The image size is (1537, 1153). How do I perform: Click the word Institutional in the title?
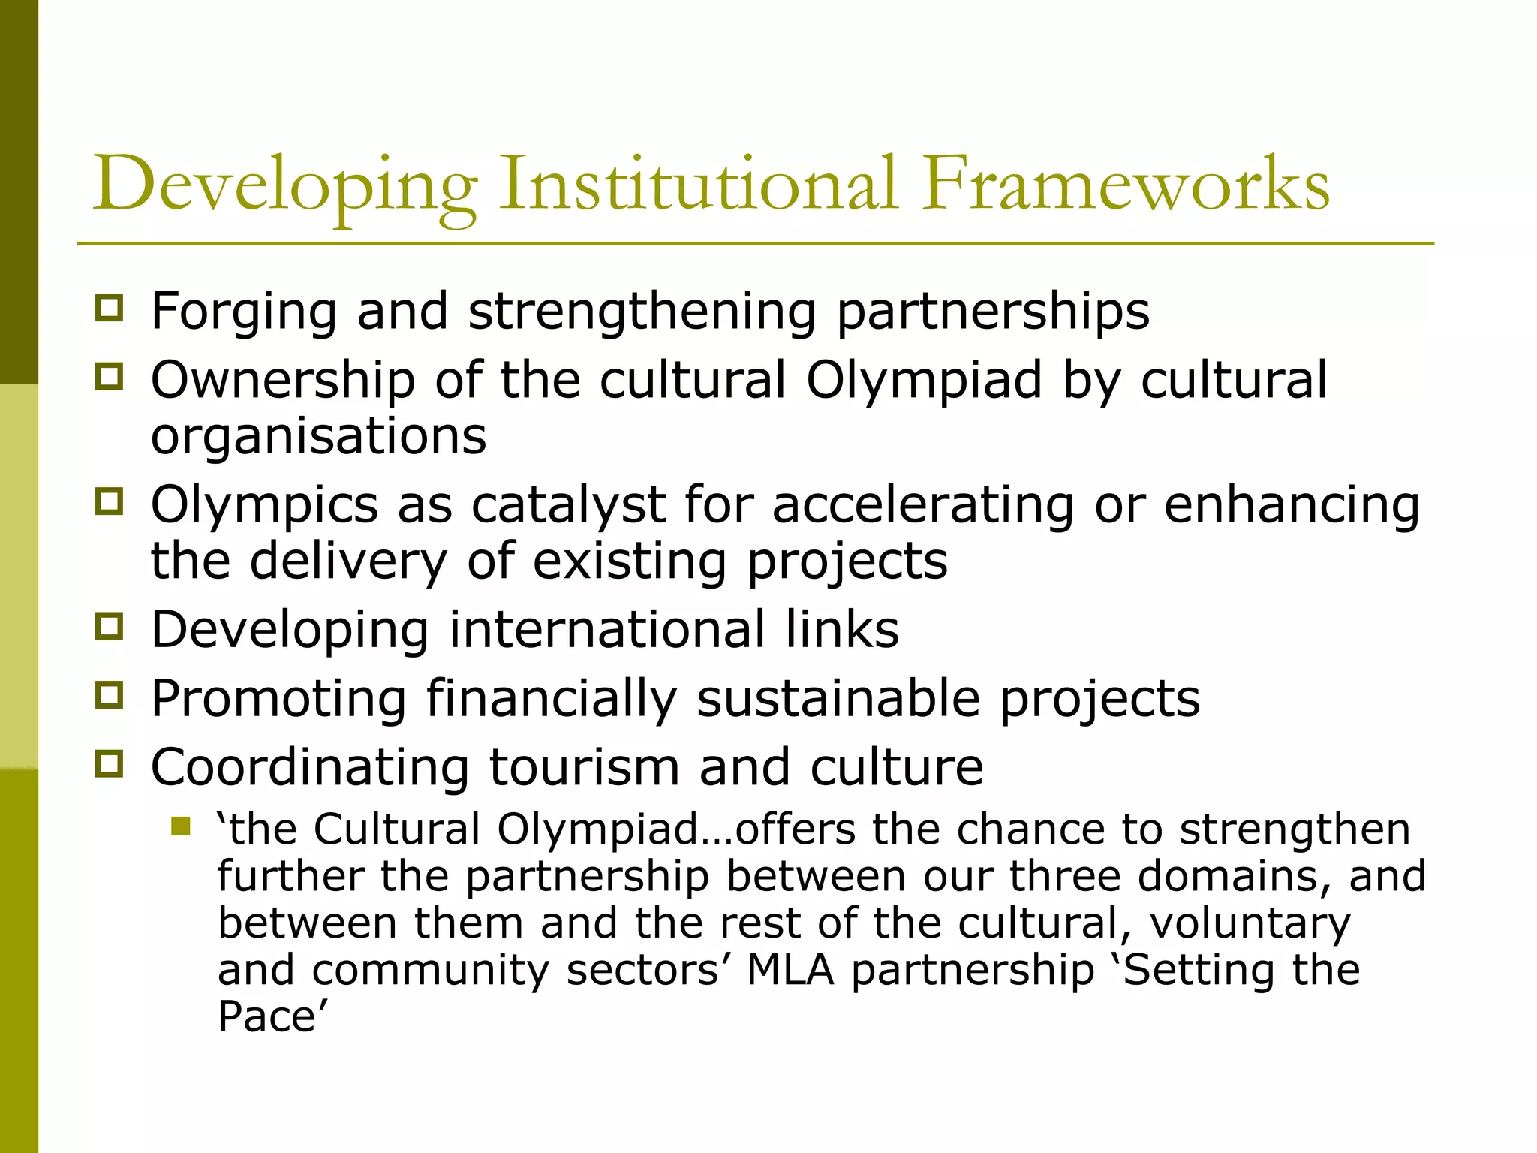698,184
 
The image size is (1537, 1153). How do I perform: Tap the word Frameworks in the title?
1126,184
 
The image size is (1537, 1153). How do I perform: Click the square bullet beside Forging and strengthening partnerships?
110,308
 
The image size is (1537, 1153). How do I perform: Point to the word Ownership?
283,379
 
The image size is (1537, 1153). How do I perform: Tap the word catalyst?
568,504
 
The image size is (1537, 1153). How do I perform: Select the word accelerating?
923,504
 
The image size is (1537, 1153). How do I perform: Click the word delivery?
348,561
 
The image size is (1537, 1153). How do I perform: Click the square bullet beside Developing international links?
110,626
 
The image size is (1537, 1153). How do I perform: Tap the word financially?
552,699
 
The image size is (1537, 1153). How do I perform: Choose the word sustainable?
838,699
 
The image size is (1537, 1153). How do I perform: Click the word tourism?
585,767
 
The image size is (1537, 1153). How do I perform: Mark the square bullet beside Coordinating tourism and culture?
110,764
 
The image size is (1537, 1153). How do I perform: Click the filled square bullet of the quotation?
180,826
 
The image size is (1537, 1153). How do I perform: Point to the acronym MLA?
790,970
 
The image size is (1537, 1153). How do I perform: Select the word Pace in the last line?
266,1016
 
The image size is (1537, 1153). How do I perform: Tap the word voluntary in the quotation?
1250,923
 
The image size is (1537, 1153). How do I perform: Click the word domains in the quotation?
1233,876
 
